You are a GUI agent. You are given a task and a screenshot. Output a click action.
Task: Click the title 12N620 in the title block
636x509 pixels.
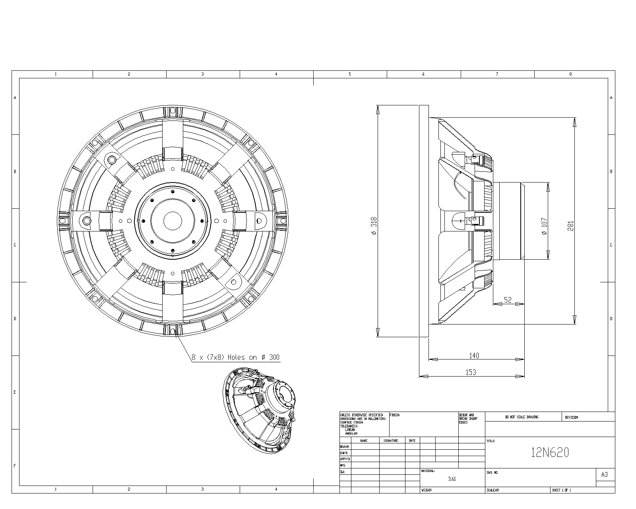click(550, 453)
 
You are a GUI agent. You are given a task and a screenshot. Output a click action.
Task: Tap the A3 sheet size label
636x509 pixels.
click(604, 474)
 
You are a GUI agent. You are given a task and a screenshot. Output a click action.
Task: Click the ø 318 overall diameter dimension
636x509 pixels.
click(374, 226)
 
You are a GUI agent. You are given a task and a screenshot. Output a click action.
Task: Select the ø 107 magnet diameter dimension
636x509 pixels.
click(544, 226)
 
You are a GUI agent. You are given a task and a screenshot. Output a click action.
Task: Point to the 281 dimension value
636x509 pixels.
click(570, 226)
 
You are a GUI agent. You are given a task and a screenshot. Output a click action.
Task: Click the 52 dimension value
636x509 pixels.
click(508, 300)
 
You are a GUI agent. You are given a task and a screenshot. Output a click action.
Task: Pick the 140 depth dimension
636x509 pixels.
click(474, 356)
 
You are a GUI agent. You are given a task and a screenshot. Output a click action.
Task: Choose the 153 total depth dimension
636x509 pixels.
click(471, 372)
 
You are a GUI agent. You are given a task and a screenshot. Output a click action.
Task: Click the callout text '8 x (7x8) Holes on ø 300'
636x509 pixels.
click(235, 357)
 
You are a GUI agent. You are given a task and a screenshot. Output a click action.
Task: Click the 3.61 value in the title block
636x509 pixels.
click(452, 479)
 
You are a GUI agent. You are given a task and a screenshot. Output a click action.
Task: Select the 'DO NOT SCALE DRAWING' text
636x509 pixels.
click(522, 417)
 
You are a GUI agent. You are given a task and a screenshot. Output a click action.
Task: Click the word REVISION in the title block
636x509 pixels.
click(572, 417)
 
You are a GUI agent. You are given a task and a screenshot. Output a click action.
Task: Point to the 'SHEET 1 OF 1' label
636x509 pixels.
click(561, 490)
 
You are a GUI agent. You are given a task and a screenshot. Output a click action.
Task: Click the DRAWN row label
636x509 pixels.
click(344, 447)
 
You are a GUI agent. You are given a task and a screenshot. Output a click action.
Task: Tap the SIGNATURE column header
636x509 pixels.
click(391, 441)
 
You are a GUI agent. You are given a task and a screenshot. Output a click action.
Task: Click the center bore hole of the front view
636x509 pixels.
click(173, 220)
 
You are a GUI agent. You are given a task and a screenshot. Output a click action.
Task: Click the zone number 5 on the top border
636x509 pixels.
click(350, 74)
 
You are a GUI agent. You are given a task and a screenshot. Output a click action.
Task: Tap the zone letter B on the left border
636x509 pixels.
click(15, 171)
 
